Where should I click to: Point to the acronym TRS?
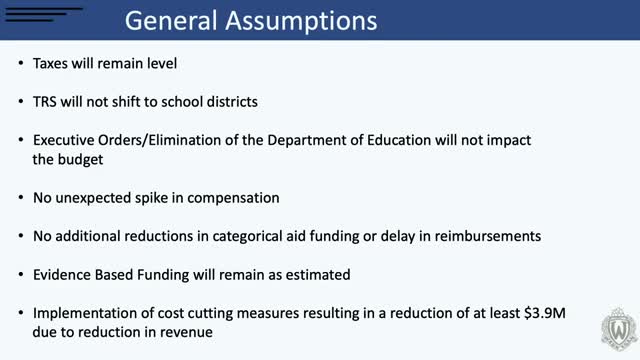pyautogui.click(x=46, y=102)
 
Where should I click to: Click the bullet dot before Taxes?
pyautogui.click(x=21, y=65)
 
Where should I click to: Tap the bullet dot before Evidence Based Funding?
pyautogui.click(x=21, y=273)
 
